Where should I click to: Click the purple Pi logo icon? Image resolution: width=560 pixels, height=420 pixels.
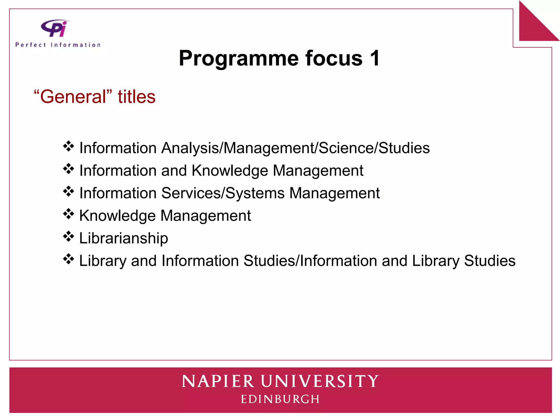click(x=55, y=28)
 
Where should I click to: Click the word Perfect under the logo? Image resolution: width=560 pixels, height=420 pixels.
click(x=31, y=45)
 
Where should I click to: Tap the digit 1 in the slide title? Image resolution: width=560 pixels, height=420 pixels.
click(x=374, y=58)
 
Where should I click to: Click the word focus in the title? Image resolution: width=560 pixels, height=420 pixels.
click(x=334, y=58)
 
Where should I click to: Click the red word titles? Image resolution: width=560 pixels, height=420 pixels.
click(x=136, y=97)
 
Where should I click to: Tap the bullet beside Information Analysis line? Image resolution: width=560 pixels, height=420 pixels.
click(x=68, y=146)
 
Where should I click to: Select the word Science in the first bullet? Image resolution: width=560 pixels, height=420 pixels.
click(x=346, y=148)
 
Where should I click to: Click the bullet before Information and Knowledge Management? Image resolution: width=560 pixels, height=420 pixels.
click(x=68, y=169)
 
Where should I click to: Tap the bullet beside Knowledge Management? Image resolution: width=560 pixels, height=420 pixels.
click(x=68, y=214)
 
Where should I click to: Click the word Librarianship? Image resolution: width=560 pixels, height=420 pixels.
click(x=124, y=238)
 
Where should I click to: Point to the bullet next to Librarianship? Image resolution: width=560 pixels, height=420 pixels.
click(x=68, y=237)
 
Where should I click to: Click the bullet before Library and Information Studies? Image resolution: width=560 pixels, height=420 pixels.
click(x=68, y=259)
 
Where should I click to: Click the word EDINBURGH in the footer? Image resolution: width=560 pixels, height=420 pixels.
click(x=280, y=399)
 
